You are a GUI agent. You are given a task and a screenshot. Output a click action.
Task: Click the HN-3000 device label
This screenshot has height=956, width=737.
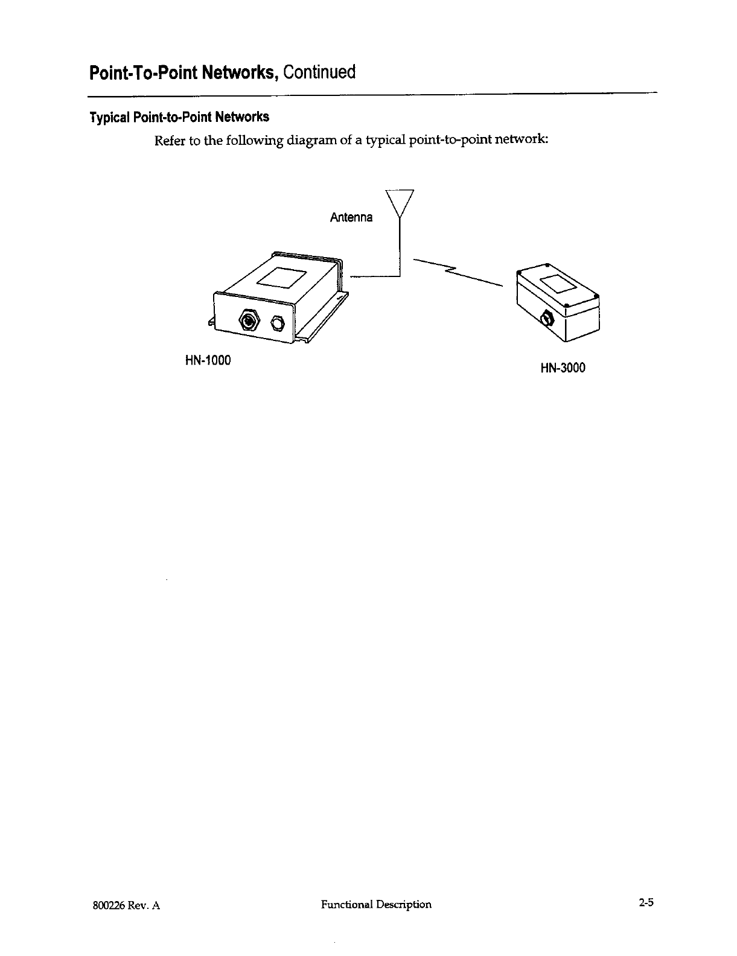point(563,368)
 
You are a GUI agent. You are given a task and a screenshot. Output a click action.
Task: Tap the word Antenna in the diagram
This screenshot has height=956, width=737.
point(351,217)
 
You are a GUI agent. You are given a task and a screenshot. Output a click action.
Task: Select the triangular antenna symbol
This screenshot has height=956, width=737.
point(399,203)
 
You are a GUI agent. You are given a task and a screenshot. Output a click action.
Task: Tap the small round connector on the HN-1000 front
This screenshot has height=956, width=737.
point(278,322)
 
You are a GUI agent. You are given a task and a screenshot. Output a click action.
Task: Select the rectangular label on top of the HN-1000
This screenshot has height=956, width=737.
point(282,277)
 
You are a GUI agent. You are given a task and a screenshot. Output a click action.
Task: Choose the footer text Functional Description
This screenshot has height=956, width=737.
point(376,904)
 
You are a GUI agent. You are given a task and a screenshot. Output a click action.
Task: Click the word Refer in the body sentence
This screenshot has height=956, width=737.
point(169,141)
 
